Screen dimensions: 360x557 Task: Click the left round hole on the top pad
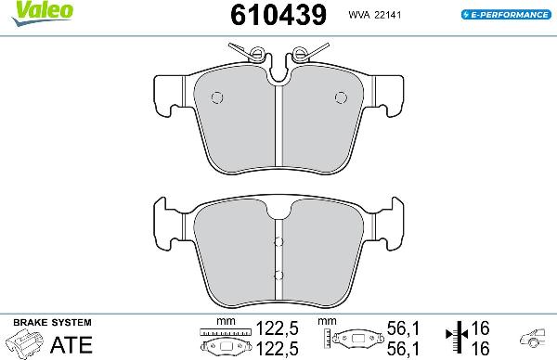(217, 97)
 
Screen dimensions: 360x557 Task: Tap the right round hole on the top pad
(338, 97)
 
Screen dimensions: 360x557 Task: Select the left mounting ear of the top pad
(168, 92)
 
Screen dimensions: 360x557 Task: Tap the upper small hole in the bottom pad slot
(278, 243)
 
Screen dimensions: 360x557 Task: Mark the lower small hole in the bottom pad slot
(278, 274)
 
